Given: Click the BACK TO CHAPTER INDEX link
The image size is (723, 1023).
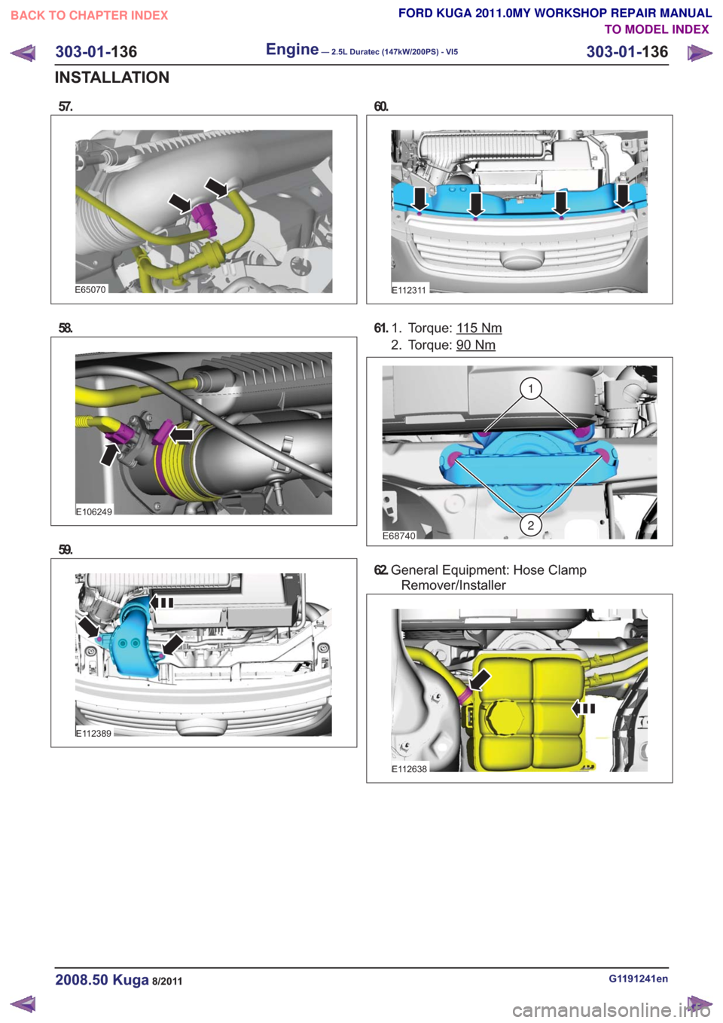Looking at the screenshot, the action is click(90, 16).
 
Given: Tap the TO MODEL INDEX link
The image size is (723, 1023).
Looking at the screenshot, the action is click(657, 29).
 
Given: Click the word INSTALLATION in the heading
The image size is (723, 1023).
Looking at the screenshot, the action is click(111, 78).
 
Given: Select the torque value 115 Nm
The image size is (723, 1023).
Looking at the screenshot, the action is click(479, 328).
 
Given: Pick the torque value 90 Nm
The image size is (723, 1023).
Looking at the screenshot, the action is click(476, 345).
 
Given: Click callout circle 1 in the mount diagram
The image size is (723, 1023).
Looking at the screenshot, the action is click(530, 389).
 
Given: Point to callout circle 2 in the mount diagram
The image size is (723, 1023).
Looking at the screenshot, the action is click(530, 525).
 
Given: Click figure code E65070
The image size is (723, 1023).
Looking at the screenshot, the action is click(91, 289).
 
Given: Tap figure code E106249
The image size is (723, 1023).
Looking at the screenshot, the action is click(94, 511).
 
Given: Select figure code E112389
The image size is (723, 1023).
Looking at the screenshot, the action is click(93, 734).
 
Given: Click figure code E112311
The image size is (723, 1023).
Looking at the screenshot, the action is click(409, 290).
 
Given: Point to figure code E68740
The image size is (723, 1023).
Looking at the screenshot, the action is click(399, 536).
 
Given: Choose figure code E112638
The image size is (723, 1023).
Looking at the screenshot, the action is click(410, 768).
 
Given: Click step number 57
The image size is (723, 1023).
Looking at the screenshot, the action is click(66, 106).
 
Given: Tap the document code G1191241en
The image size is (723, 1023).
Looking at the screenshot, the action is click(638, 979).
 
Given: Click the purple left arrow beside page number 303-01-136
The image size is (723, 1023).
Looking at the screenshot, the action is click(23, 53).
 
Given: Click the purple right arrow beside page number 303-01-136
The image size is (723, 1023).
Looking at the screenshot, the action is click(700, 53).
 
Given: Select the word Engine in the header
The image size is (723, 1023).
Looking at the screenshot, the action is click(292, 49).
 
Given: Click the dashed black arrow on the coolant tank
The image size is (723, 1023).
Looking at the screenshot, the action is click(584, 708).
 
